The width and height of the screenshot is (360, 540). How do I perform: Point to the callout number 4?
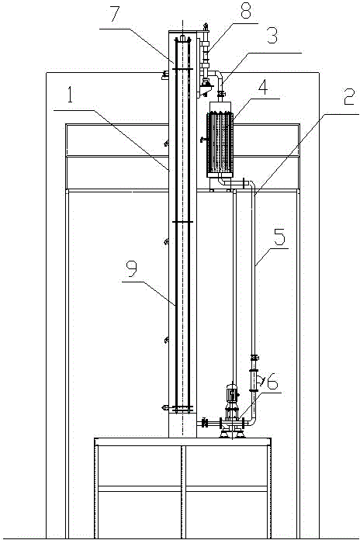(x=264, y=87)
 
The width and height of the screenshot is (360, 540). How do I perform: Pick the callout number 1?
(x=70, y=95)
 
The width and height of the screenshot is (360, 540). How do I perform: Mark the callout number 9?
(x=131, y=268)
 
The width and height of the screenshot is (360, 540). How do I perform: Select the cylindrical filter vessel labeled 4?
(x=220, y=144)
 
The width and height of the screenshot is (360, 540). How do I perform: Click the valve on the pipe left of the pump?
(x=205, y=423)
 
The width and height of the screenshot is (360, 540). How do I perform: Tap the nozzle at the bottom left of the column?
(x=164, y=408)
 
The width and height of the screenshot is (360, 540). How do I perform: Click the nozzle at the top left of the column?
(x=164, y=74)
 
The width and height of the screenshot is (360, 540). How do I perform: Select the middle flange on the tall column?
(x=182, y=222)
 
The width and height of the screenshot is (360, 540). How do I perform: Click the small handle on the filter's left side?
(x=202, y=139)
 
